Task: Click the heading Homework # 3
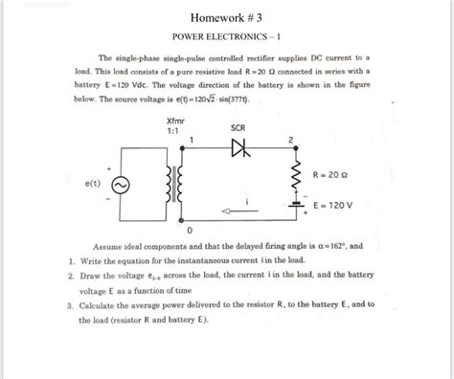point(227,16)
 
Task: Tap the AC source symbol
point(124,188)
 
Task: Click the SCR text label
point(238,127)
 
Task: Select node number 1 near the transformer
point(193,140)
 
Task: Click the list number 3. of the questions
point(71,305)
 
